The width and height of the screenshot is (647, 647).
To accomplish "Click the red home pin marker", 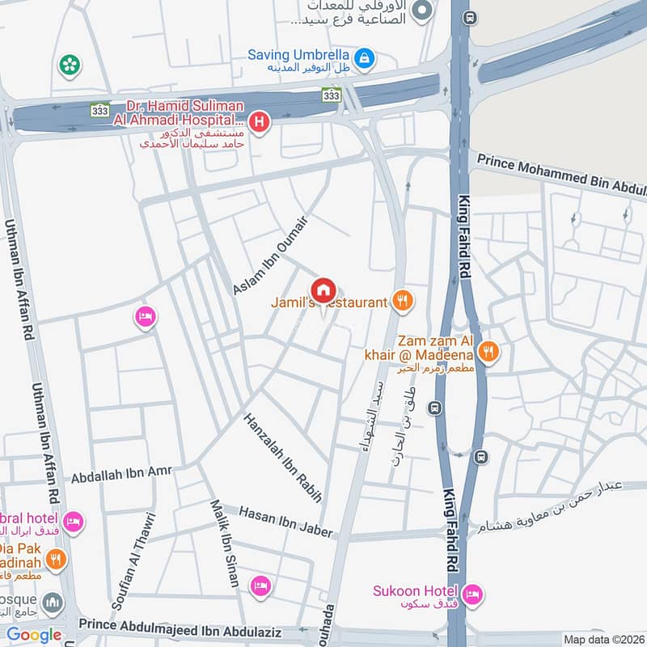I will tap(323, 289).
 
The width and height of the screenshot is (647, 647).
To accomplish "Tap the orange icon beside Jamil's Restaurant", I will tap(403, 302).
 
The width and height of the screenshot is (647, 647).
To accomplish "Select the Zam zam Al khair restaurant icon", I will tap(488, 352).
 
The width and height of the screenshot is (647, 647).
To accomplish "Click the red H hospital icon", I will tap(259, 122).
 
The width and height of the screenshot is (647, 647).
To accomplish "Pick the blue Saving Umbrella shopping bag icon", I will tap(366, 57).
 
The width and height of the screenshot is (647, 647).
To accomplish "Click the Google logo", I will tap(34, 635).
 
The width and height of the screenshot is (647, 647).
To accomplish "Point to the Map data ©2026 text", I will tap(603, 639).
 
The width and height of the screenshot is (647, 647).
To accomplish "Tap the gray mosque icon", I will tap(53, 603).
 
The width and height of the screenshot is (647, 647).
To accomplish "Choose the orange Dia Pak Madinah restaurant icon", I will tap(55, 559).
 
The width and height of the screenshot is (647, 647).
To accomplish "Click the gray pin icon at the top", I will tap(421, 11).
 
